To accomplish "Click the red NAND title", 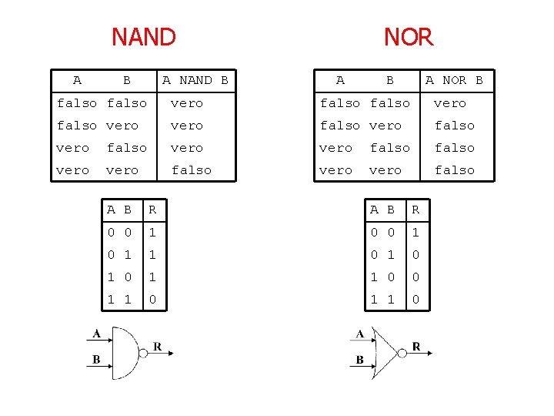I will [x=144, y=36].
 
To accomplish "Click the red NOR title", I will [x=409, y=36].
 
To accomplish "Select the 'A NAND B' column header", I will [x=195, y=80].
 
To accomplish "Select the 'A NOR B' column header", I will [x=455, y=80].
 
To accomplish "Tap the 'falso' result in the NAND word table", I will [x=192, y=170].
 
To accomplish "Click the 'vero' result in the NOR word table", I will [x=450, y=103].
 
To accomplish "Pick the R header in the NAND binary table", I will [x=152, y=210].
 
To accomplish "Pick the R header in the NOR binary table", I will [x=415, y=210].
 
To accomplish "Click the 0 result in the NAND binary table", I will [x=152, y=299].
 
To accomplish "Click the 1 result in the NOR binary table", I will [x=415, y=232].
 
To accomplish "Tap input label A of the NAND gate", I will [x=96, y=334].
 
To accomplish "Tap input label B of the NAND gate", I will [x=96, y=359].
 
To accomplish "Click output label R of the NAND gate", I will [x=157, y=347].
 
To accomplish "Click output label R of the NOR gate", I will [x=416, y=347].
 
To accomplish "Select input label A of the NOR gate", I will [x=359, y=334].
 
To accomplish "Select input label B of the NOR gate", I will [x=359, y=359].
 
